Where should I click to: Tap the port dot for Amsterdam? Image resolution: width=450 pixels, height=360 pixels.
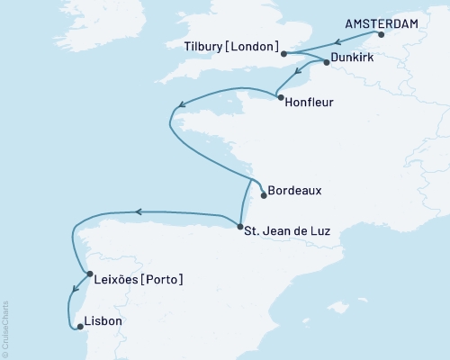[x=380, y=36]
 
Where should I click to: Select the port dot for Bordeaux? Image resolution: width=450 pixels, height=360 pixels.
[x=264, y=193]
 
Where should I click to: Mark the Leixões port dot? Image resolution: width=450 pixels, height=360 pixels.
[x=87, y=274]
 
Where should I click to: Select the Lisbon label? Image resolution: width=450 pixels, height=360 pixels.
[x=103, y=321]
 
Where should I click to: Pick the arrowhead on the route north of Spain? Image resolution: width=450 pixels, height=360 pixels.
[x=139, y=212]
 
